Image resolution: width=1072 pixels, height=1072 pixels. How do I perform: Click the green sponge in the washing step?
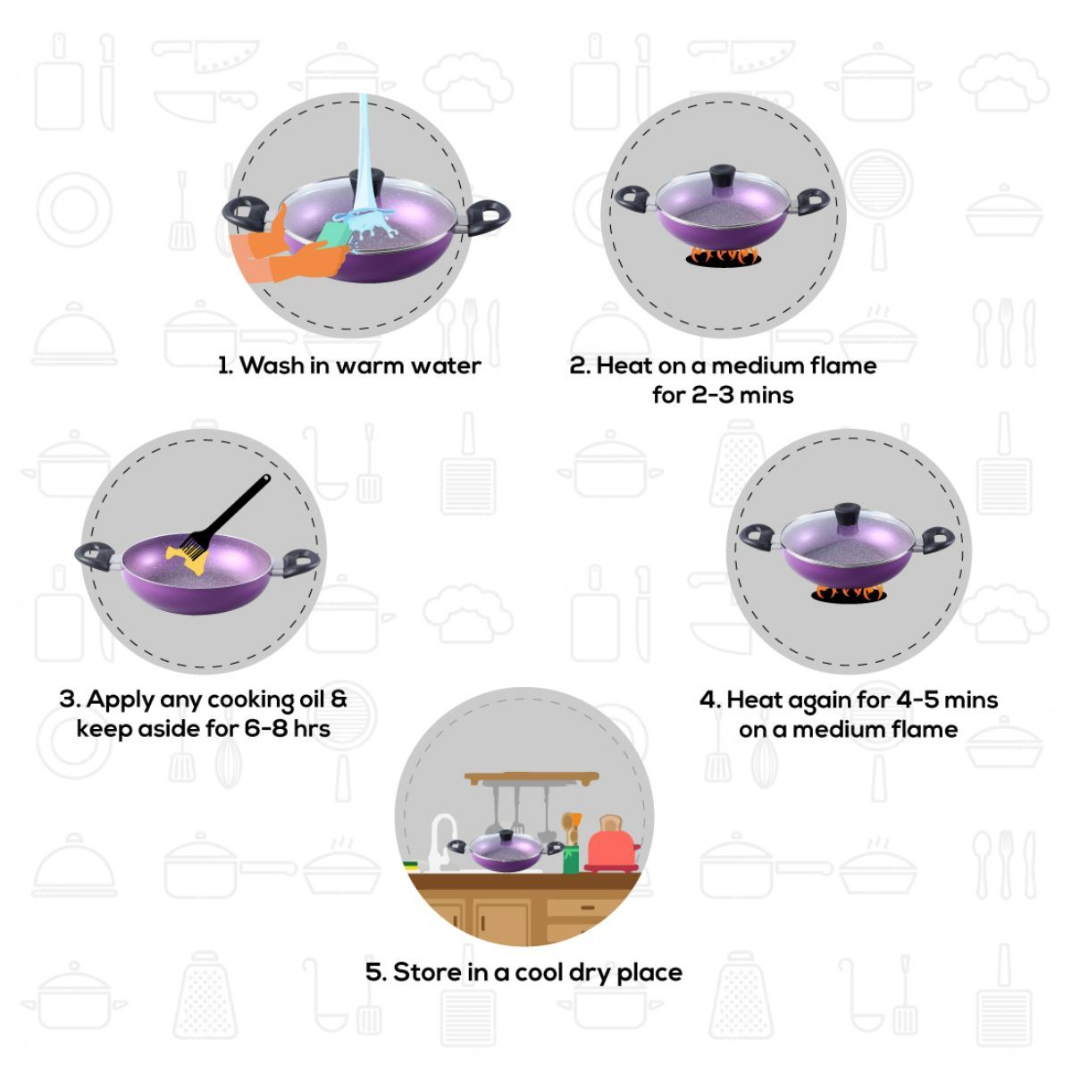tap(335, 234)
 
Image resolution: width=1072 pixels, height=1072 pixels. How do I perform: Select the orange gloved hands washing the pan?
tap(284, 250)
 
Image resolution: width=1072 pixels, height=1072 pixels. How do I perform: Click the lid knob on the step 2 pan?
tap(722, 177)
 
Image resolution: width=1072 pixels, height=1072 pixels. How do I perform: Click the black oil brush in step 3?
tap(228, 517)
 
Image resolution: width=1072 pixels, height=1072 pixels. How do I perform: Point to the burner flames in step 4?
tap(849, 593)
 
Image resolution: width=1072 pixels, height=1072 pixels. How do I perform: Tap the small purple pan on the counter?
tap(506, 851)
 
